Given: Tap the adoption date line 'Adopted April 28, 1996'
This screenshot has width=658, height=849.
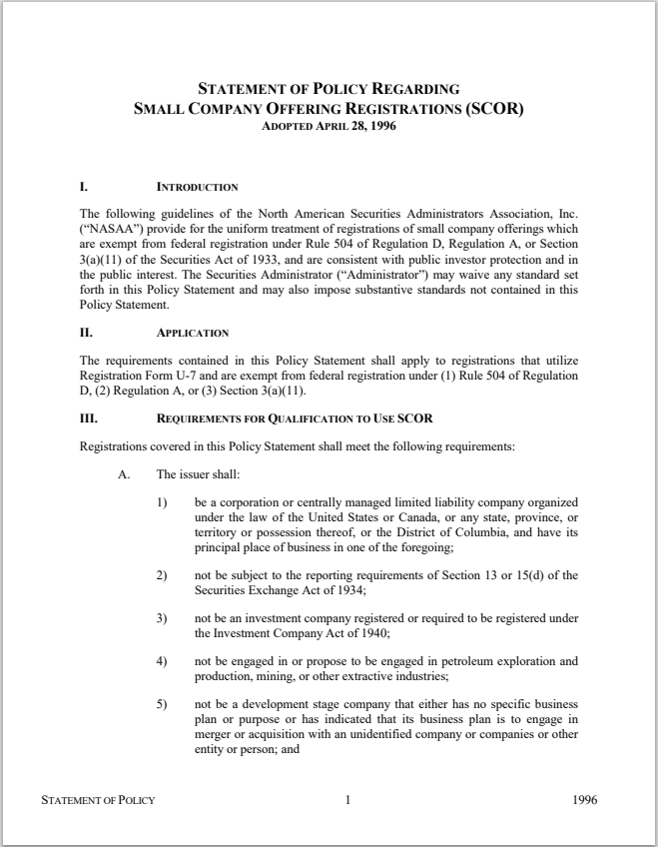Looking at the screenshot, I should (329, 127).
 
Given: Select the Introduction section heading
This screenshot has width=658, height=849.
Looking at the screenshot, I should (198, 187).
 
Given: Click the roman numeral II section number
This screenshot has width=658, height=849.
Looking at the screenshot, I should (85, 333).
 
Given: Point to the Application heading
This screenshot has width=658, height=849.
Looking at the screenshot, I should (193, 333).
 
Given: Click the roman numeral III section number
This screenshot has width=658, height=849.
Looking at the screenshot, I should (88, 418).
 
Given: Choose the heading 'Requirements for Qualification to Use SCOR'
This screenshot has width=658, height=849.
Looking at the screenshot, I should (295, 418).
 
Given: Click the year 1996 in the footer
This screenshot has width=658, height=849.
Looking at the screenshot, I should (586, 800).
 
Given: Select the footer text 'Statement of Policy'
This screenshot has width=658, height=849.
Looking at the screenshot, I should (98, 800).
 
